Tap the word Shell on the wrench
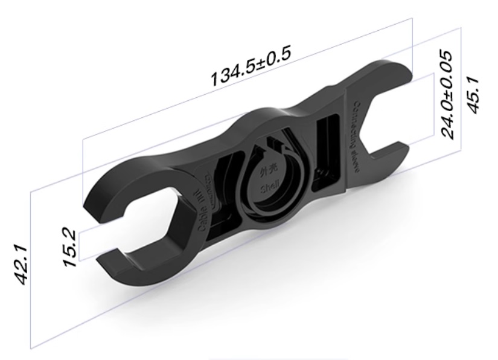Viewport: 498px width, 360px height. click(270, 190)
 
